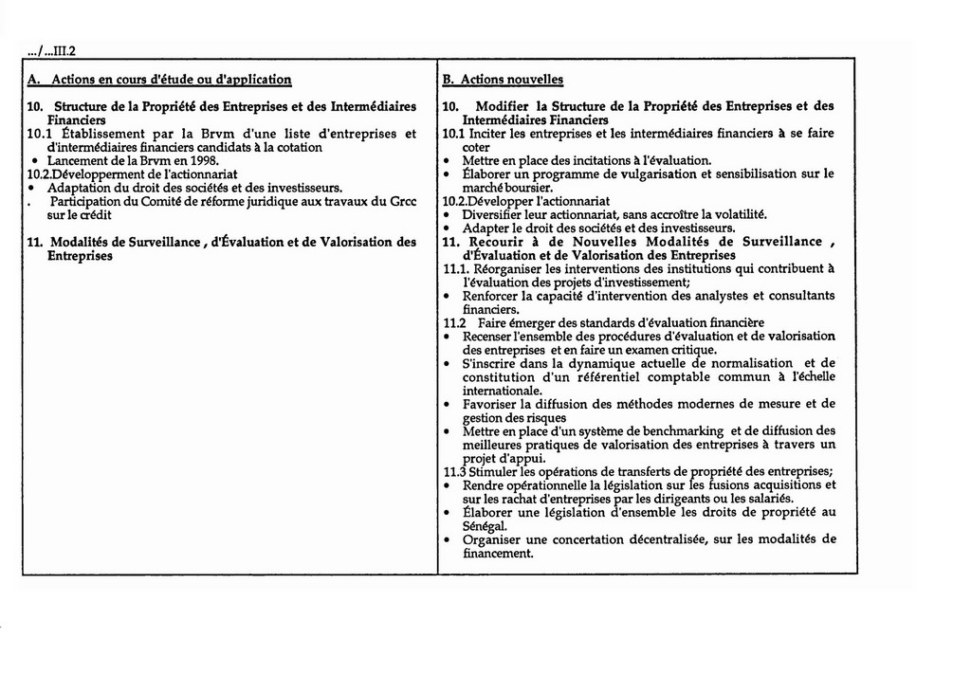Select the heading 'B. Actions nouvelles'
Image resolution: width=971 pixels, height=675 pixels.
point(503,80)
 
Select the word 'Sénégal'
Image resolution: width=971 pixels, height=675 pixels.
point(485,526)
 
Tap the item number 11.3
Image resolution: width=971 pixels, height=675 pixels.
point(455,472)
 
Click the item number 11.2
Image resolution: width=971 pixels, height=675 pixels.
point(455,323)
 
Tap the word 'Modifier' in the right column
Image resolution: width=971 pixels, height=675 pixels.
point(503,106)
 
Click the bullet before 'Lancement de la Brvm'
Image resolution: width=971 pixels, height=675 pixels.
point(35,161)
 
